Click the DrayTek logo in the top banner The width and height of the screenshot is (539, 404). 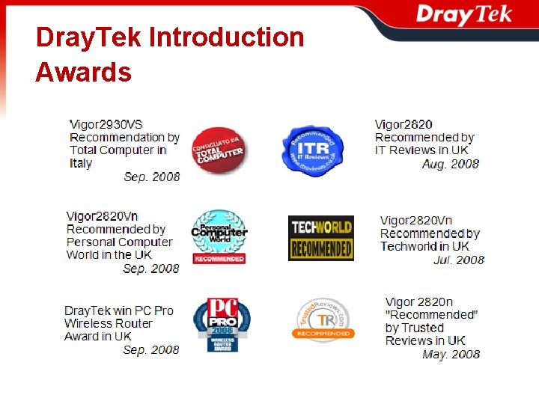[x=463, y=14]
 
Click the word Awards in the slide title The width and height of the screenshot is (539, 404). [x=83, y=73]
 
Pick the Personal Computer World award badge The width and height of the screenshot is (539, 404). [x=219, y=236]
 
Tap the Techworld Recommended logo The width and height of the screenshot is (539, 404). [x=320, y=238]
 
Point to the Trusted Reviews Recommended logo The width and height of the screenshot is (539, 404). [x=323, y=320]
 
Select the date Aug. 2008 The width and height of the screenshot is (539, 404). [x=451, y=164]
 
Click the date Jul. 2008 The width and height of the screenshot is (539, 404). [x=459, y=260]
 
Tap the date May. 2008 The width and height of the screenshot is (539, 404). [x=451, y=354]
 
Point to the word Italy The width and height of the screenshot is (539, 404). [x=81, y=163]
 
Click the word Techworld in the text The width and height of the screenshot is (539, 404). [x=409, y=246]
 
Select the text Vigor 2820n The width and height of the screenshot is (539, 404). [x=419, y=302]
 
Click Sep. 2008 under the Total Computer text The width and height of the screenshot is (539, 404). [x=152, y=177]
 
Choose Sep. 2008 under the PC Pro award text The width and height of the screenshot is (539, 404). [x=151, y=349]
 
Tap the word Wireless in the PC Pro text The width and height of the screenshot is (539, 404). [x=87, y=323]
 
